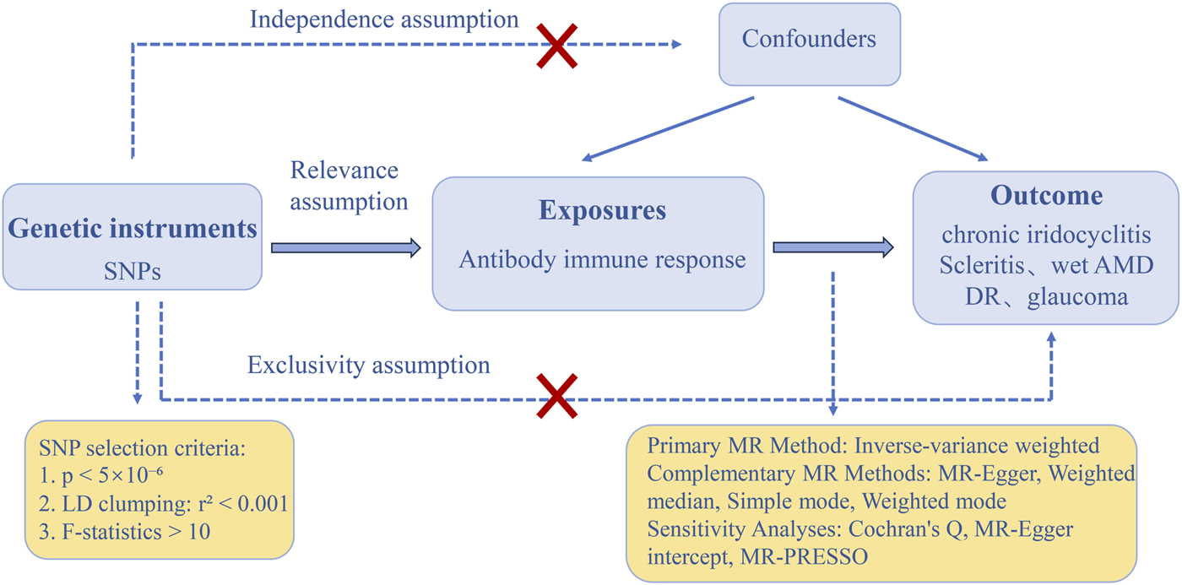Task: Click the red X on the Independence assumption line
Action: [559, 45]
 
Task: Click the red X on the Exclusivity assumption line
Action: [558, 396]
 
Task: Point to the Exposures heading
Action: [602, 210]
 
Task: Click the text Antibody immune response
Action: [602, 259]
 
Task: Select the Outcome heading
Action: [1046, 196]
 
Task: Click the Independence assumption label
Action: [384, 19]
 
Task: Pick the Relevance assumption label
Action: [349, 186]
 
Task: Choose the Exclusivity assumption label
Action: [368, 366]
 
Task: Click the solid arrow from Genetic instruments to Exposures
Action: [345, 247]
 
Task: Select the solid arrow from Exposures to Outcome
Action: [832, 247]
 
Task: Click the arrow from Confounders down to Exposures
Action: [667, 129]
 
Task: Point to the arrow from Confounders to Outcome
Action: [912, 129]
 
